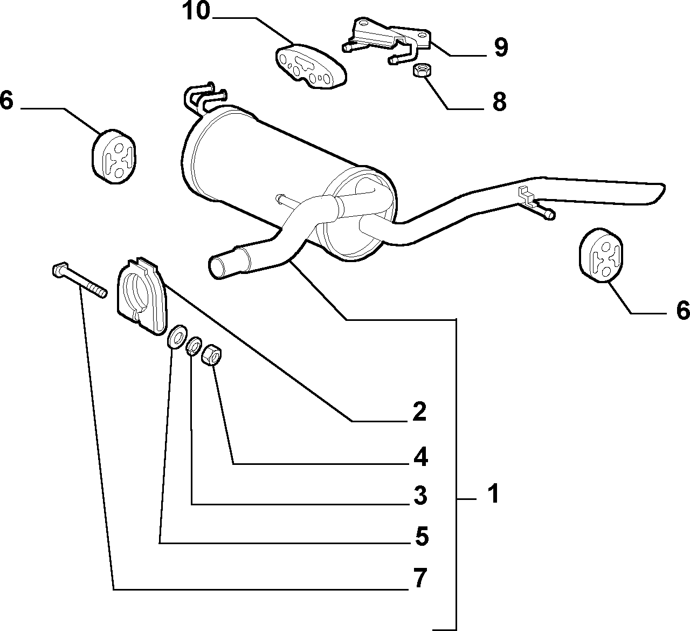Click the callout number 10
[196, 11]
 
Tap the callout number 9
[501, 47]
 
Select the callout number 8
[500, 101]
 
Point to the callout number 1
[494, 493]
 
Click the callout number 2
[419, 411]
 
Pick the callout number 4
[420, 457]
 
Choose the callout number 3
[420, 496]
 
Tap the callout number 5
[422, 536]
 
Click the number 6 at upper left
[6, 100]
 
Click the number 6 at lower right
[683, 310]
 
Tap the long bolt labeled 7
[79, 281]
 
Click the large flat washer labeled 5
[176, 337]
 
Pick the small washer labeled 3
[195, 347]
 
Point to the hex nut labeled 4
[211, 355]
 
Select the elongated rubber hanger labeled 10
[311, 67]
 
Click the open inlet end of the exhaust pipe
[217, 266]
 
